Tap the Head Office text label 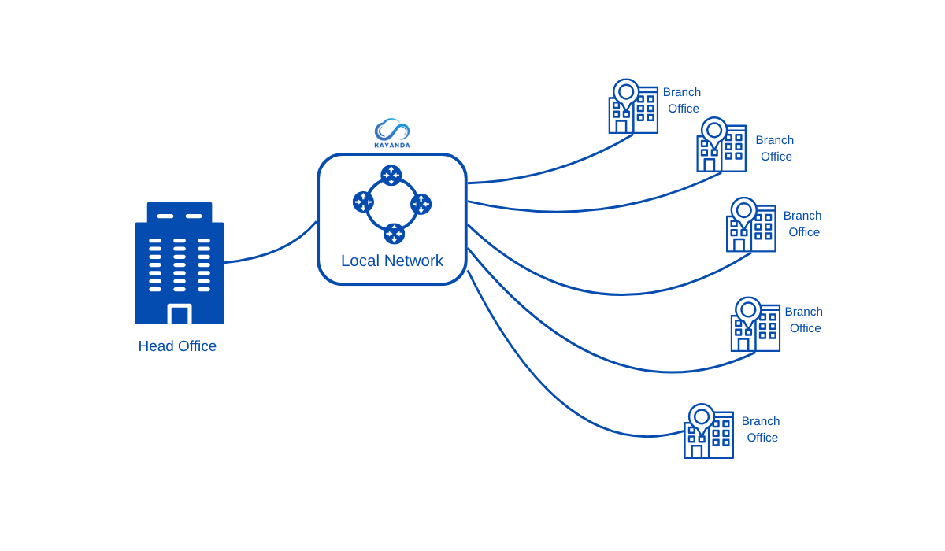pos(177,346)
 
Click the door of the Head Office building pos(180,314)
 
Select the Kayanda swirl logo pos(392,129)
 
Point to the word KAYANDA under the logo pos(392,146)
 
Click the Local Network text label pos(392,261)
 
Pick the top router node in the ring pos(391,176)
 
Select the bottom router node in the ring pos(394,234)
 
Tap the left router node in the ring pos(363,202)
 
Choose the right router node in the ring pos(421,205)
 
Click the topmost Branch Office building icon pos(633,107)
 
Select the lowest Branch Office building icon pos(709,432)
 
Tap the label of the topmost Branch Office pos(682,100)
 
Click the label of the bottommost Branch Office pos(761,429)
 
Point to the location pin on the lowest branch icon pos(702,417)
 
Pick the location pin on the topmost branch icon pos(626,92)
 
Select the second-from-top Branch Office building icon pos(721,146)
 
